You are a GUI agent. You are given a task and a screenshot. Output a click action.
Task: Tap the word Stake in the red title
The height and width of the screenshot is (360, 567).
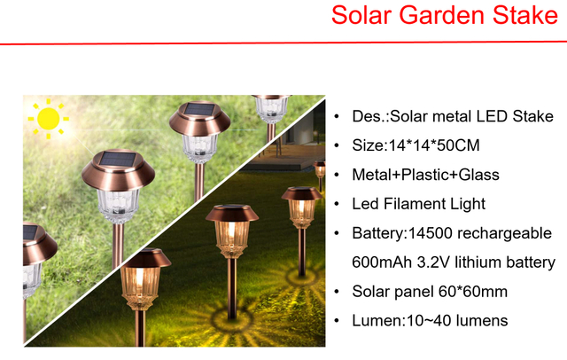click(x=520, y=16)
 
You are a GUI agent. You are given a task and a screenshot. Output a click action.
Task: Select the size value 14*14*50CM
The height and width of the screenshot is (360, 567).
click(x=433, y=145)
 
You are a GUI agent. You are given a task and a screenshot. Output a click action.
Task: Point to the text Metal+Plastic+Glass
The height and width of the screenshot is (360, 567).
click(x=425, y=175)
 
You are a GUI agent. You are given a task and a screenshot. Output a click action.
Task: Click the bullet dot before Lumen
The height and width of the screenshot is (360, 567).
click(x=336, y=320)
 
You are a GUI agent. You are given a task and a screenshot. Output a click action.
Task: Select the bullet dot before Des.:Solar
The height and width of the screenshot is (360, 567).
click(x=336, y=117)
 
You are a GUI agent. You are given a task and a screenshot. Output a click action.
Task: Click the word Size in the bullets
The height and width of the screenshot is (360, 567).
click(x=368, y=145)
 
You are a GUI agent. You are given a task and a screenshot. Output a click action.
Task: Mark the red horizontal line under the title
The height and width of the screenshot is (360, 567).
click(x=283, y=42)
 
